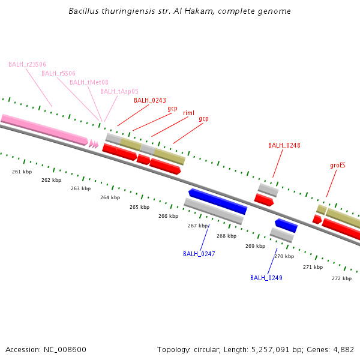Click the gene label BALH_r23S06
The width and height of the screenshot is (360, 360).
[x=27, y=64]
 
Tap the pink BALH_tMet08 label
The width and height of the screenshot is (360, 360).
[x=89, y=82]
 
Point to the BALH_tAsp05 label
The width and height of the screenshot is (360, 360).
[x=119, y=91]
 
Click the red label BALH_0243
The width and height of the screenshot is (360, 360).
[x=149, y=100]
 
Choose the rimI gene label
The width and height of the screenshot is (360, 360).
[x=188, y=113]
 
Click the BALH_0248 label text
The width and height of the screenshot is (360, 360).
[x=284, y=145]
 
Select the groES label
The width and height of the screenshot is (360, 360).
[x=338, y=165]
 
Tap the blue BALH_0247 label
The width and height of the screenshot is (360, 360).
[x=199, y=254]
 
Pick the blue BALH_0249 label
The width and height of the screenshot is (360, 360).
[x=266, y=278]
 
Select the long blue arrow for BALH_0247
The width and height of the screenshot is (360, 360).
[x=217, y=201]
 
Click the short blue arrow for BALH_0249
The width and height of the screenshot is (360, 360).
[x=286, y=226]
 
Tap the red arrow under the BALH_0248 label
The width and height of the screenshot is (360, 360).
[x=264, y=200]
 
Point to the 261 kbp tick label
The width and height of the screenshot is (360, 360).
[x=22, y=172]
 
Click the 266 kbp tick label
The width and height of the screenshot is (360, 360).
[x=168, y=216]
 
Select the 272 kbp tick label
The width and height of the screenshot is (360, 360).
[x=341, y=278]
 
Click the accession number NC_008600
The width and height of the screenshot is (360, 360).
[x=65, y=349]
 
